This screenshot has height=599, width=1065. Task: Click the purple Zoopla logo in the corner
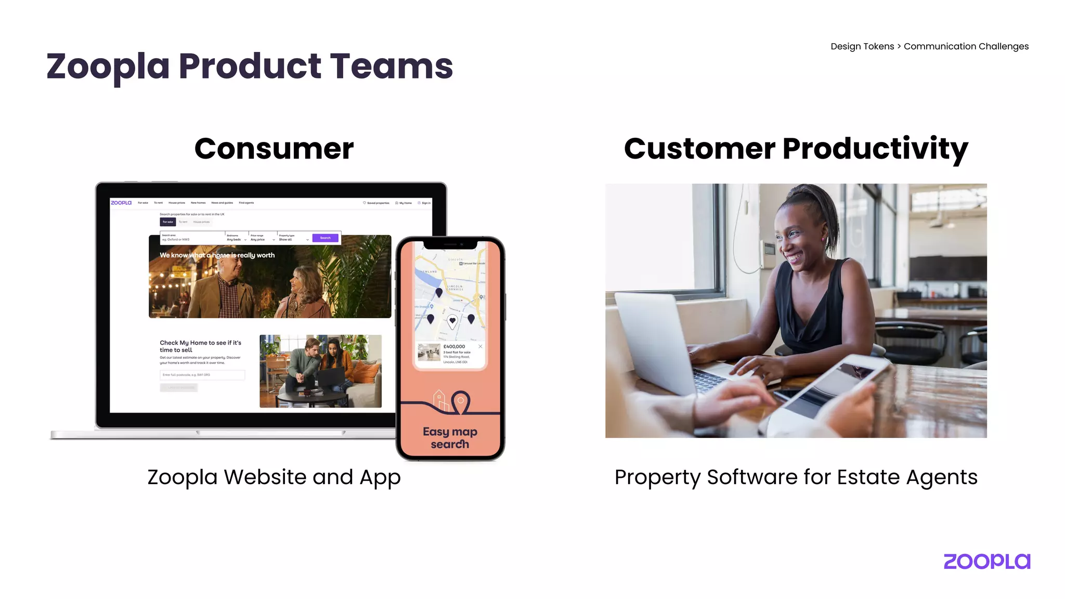pos(986,562)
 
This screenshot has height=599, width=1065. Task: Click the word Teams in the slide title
pos(391,67)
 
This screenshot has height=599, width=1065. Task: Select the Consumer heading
pos(274,149)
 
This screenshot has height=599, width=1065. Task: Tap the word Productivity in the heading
pos(875,149)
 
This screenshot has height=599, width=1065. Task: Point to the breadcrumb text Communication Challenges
pos(966,46)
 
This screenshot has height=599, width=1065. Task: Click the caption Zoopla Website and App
pos(274,477)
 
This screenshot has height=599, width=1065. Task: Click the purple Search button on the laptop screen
pos(325,238)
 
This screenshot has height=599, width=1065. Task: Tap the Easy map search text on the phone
pos(450,438)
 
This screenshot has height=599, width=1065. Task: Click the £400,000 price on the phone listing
pos(454,346)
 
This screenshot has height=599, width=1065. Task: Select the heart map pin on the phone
pos(452,321)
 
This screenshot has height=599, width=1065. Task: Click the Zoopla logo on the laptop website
pos(121,203)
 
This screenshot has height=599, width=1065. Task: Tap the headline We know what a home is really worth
pos(217,255)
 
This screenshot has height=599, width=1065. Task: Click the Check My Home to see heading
pos(200,346)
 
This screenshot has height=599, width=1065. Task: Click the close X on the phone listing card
pos(480,346)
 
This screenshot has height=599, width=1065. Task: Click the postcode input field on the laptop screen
pos(202,375)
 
